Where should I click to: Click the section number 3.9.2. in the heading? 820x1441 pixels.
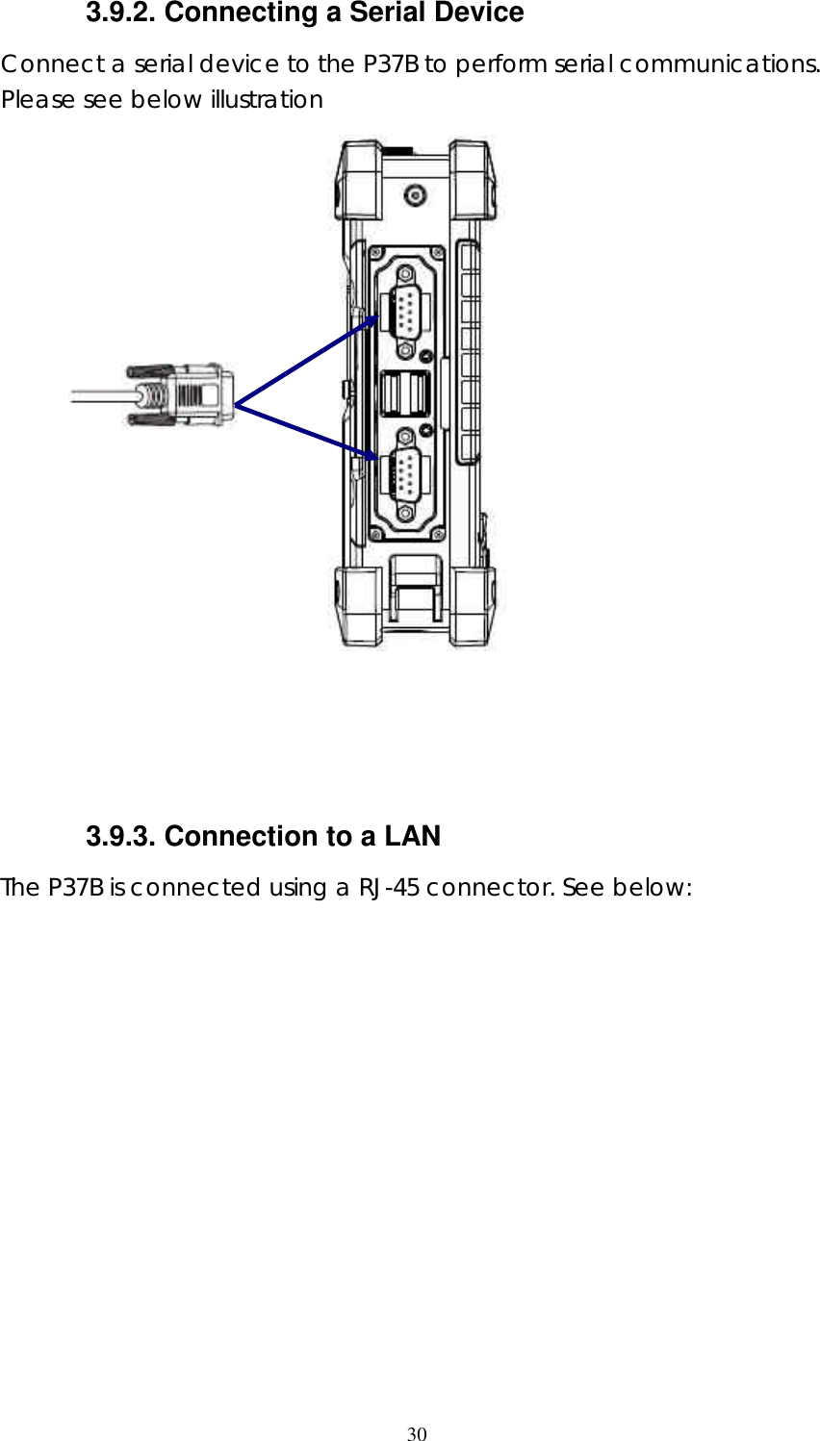point(121,13)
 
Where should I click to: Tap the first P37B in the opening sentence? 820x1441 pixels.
point(391,64)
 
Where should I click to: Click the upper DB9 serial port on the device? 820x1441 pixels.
point(406,310)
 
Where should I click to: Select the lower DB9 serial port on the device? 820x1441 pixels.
point(406,477)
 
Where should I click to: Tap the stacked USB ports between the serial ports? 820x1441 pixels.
point(405,394)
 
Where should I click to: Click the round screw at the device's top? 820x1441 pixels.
point(415,196)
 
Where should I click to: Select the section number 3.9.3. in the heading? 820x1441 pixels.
point(121,837)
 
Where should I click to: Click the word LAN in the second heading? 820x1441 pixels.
point(412,837)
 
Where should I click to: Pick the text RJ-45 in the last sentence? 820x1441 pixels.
point(389,888)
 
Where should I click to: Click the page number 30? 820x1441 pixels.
point(416,1434)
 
